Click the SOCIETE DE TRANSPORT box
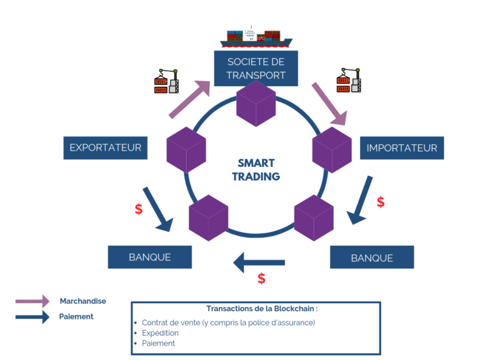pyautogui.click(x=256, y=68)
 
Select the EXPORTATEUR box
pyautogui.click(x=106, y=148)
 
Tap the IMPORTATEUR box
pyautogui.click(x=401, y=148)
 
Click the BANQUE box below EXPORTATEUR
pyautogui.click(x=149, y=257)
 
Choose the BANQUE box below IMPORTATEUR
pyautogui.click(x=371, y=257)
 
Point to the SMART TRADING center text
pyautogui.click(x=256, y=170)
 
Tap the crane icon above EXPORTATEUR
pyautogui.click(x=166, y=81)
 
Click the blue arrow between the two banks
pyautogui.click(x=259, y=262)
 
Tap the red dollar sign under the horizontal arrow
pyautogui.click(x=261, y=279)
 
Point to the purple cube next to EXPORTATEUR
pyautogui.click(x=186, y=150)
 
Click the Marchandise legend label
pyautogui.click(x=82, y=301)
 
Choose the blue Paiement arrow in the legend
pyautogui.click(x=32, y=317)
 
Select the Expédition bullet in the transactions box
pyautogui.click(x=160, y=333)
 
